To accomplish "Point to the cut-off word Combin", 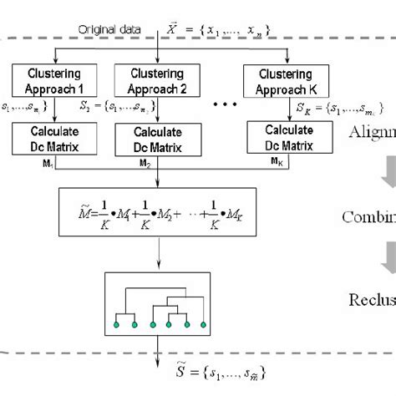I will click(x=368, y=217).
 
